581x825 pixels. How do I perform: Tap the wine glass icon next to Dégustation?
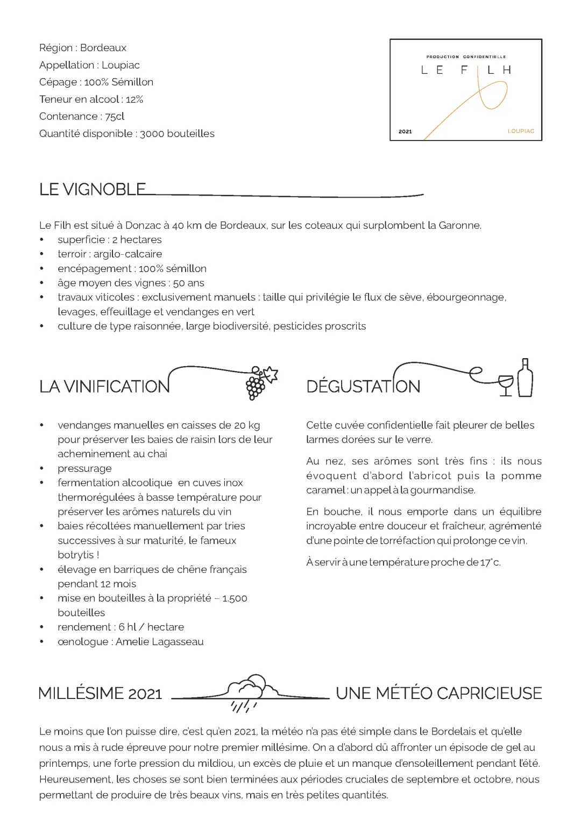(506, 384)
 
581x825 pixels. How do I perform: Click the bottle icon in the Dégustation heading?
(525, 378)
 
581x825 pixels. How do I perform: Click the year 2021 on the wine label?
(405, 131)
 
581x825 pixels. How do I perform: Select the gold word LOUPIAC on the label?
(520, 131)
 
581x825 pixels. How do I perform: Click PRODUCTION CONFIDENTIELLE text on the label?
(466, 57)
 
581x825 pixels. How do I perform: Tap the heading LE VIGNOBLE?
(93, 190)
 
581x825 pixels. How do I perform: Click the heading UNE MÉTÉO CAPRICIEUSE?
(438, 693)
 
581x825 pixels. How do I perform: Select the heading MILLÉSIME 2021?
(100, 694)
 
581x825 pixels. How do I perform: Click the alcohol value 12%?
(134, 99)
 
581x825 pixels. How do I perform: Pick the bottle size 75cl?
(115, 116)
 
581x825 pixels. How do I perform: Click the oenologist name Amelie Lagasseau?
(160, 641)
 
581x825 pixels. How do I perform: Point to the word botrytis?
(75, 555)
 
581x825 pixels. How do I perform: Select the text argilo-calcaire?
(127, 254)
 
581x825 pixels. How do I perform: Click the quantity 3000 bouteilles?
(177, 134)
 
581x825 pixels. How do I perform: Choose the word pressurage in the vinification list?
(84, 469)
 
